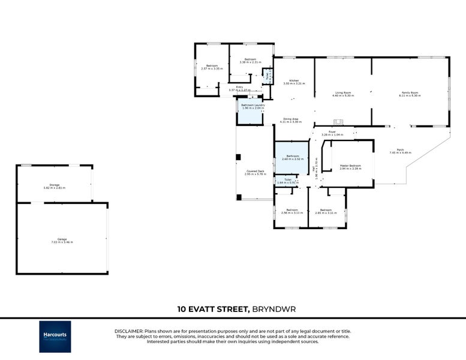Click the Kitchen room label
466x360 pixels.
point(294,82)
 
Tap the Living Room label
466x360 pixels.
point(343,94)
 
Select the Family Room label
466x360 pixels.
point(410,94)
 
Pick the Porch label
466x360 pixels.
point(400,151)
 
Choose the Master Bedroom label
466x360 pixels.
point(350,167)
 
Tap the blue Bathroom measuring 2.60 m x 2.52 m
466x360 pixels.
point(292,157)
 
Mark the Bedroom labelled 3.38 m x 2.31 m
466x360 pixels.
point(250,61)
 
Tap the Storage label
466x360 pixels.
point(55,185)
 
